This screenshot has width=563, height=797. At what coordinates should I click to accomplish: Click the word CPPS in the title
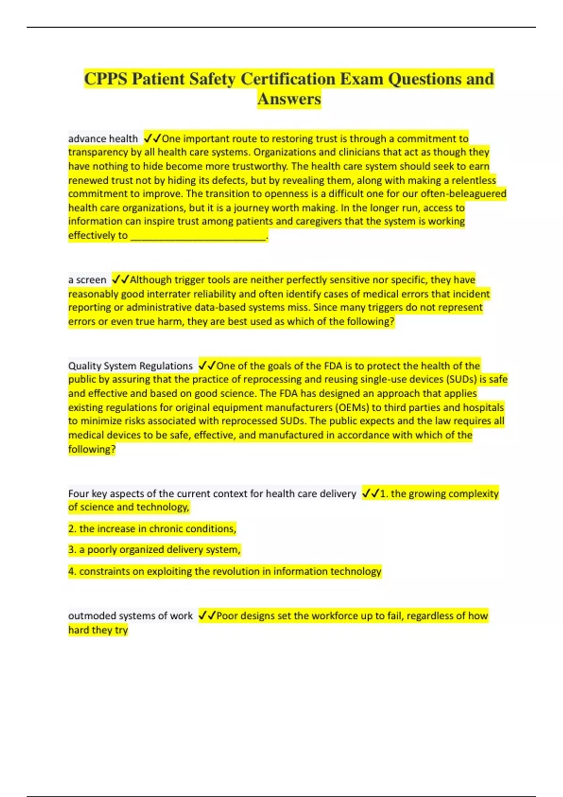(106, 79)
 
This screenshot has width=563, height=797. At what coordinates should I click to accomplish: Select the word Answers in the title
(289, 99)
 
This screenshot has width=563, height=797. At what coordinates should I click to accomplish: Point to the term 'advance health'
(103, 139)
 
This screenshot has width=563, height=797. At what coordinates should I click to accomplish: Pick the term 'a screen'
(87, 280)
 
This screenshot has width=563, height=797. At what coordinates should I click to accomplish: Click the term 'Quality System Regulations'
(130, 366)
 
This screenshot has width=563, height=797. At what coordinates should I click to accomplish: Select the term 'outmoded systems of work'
(130, 616)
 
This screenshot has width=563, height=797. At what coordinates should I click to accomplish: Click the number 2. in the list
(72, 529)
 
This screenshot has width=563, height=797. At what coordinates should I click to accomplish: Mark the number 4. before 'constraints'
(72, 571)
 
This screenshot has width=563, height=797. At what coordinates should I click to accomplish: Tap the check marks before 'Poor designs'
(206, 616)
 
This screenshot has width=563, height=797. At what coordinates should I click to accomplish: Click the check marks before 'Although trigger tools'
(120, 280)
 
